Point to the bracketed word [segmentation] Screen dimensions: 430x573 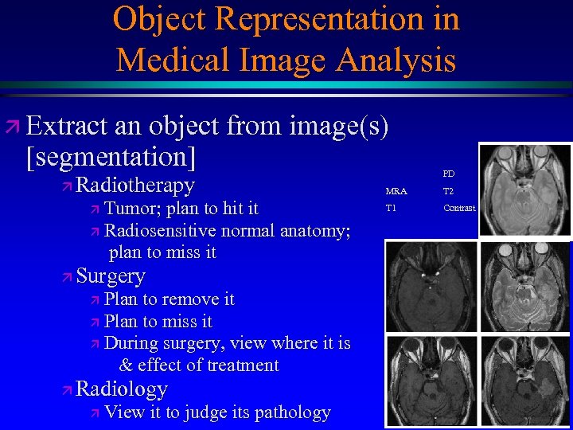pyautogui.click(x=111, y=156)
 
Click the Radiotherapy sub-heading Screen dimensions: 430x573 pyautogui.click(x=134, y=186)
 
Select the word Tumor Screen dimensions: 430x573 pyautogui.click(x=131, y=209)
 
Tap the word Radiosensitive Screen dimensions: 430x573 pyautogui.click(x=160, y=231)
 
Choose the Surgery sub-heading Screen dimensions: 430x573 pyautogui.click(x=111, y=276)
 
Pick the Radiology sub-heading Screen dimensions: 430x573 pyautogui.click(x=122, y=389)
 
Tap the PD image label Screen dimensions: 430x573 pyautogui.click(x=449, y=174)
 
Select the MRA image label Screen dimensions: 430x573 pyautogui.click(x=396, y=191)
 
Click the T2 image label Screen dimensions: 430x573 pyautogui.click(x=448, y=191)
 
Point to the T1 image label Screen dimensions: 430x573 pyautogui.click(x=391, y=208)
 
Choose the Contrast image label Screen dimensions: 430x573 pyautogui.click(x=459, y=208)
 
